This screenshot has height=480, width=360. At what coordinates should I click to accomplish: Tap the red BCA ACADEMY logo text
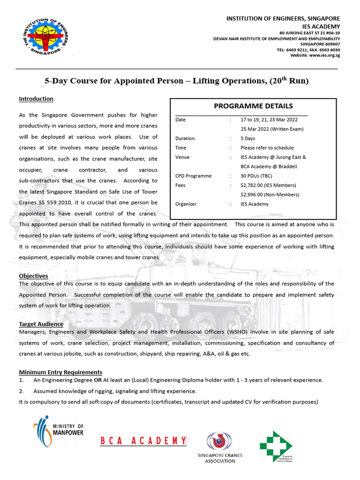(x=143, y=441)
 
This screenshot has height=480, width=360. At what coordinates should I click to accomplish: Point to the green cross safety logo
(x=276, y=446)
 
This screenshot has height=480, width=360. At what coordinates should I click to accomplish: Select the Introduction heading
(x=36, y=99)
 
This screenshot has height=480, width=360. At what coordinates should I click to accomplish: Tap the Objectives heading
(x=33, y=276)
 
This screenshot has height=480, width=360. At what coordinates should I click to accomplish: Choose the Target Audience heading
(x=41, y=324)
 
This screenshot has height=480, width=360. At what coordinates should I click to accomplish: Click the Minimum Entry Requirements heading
(x=60, y=372)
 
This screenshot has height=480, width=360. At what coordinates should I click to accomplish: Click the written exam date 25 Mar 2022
(x=272, y=129)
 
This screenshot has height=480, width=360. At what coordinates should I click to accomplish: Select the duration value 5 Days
(x=248, y=138)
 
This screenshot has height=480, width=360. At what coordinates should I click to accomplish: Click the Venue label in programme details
(x=182, y=157)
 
